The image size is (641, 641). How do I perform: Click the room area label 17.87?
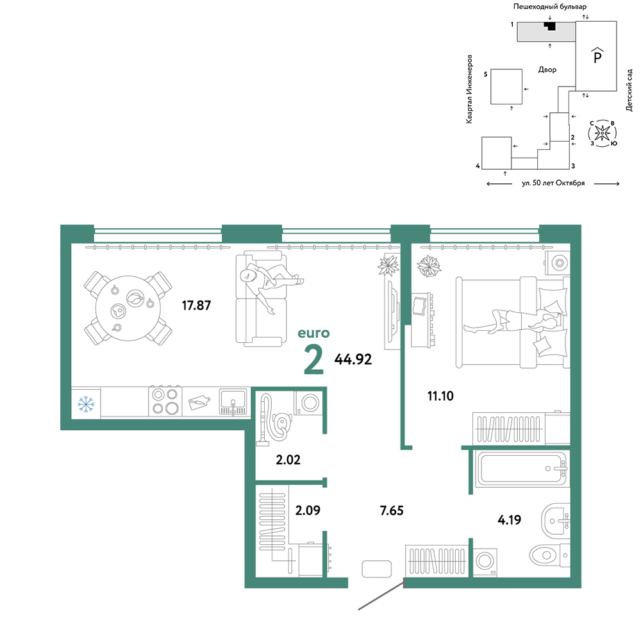point(196,305)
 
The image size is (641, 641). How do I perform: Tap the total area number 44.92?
point(353,360)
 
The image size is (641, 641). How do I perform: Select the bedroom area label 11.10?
point(440,395)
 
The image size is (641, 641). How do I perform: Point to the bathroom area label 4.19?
point(509,520)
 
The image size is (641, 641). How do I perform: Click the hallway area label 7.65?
point(392,511)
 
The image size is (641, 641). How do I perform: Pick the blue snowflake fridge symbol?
point(86,404)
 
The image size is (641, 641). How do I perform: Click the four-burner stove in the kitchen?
point(165,401)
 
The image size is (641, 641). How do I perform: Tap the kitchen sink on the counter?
point(233,401)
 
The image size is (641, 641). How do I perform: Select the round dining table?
point(128,308)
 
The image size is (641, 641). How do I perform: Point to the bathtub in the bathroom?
point(521,469)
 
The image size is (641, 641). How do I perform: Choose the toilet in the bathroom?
point(549,555)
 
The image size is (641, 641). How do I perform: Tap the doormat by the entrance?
point(376,569)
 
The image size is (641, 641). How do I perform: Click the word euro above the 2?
point(313,333)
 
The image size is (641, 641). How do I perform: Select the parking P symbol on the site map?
point(597,55)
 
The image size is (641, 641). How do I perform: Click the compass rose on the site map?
point(602,133)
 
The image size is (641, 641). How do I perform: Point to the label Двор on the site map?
point(547,70)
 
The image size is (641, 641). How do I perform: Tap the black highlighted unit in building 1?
point(550,26)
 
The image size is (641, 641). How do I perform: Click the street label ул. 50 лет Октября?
point(553,183)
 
